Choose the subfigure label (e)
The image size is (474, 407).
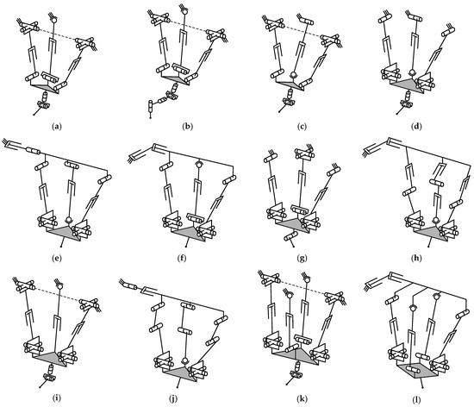pos(56,259)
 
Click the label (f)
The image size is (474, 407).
pos(178,259)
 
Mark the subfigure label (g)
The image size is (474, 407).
pos(296,259)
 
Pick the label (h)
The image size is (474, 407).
pos(413,259)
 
